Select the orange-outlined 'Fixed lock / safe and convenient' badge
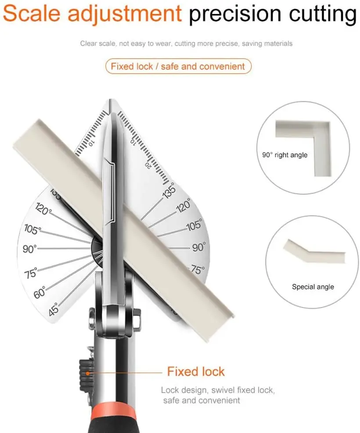178,67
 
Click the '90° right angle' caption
284,155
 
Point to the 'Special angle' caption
313,287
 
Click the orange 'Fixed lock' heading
196,372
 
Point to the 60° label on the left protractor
40,292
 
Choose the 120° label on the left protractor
43,210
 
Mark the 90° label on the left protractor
30,249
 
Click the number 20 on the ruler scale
149,165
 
